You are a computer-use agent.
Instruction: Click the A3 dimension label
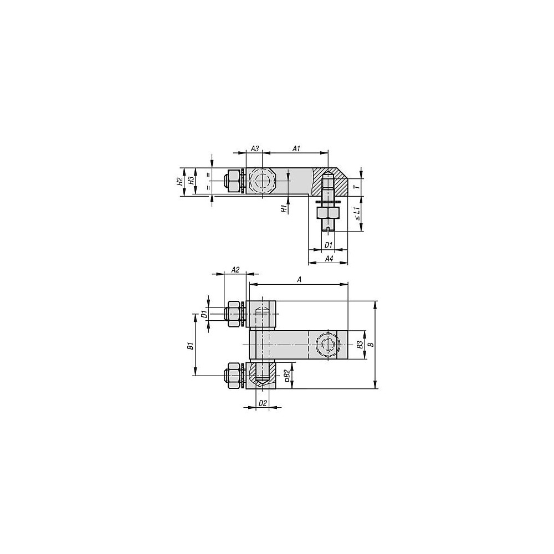(255, 148)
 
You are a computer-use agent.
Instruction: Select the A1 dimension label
(296, 148)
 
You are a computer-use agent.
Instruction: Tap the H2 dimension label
(180, 182)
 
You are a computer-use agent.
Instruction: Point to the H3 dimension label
(191, 181)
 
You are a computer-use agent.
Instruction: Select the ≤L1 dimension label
(357, 214)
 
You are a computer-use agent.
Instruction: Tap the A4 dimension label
(329, 259)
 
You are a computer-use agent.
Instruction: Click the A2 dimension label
(235, 270)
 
